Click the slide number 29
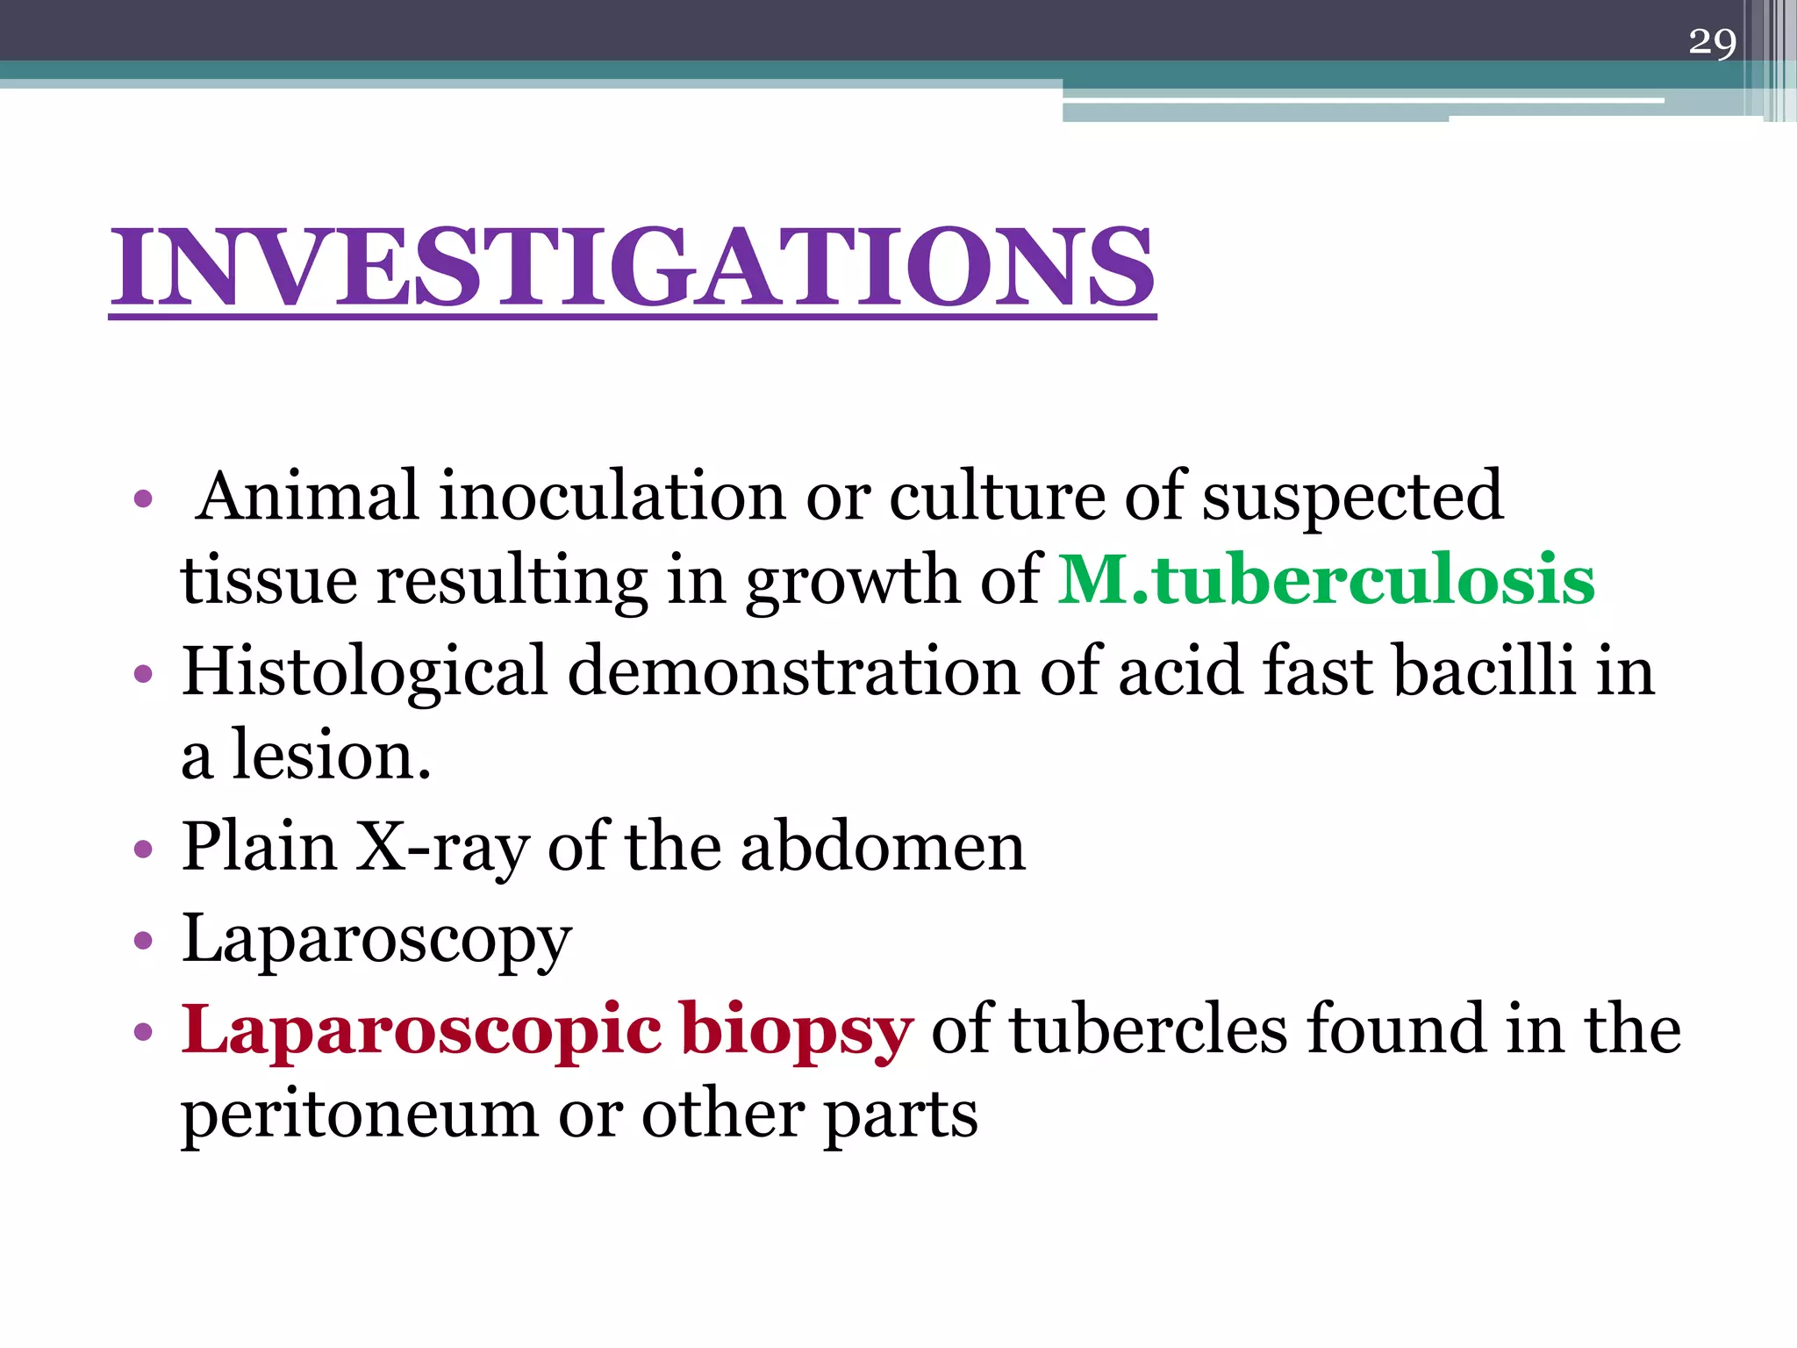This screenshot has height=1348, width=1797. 1712,42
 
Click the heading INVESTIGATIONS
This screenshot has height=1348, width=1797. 632,267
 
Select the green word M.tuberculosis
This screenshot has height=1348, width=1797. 1326,580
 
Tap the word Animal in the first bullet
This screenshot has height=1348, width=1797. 307,496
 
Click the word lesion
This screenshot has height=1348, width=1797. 331,756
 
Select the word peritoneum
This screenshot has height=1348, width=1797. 359,1115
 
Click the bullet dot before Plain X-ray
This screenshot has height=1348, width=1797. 143,850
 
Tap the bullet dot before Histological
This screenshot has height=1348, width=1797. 143,674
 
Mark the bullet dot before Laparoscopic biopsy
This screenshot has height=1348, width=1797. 143,1031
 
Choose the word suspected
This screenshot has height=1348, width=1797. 1352,498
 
